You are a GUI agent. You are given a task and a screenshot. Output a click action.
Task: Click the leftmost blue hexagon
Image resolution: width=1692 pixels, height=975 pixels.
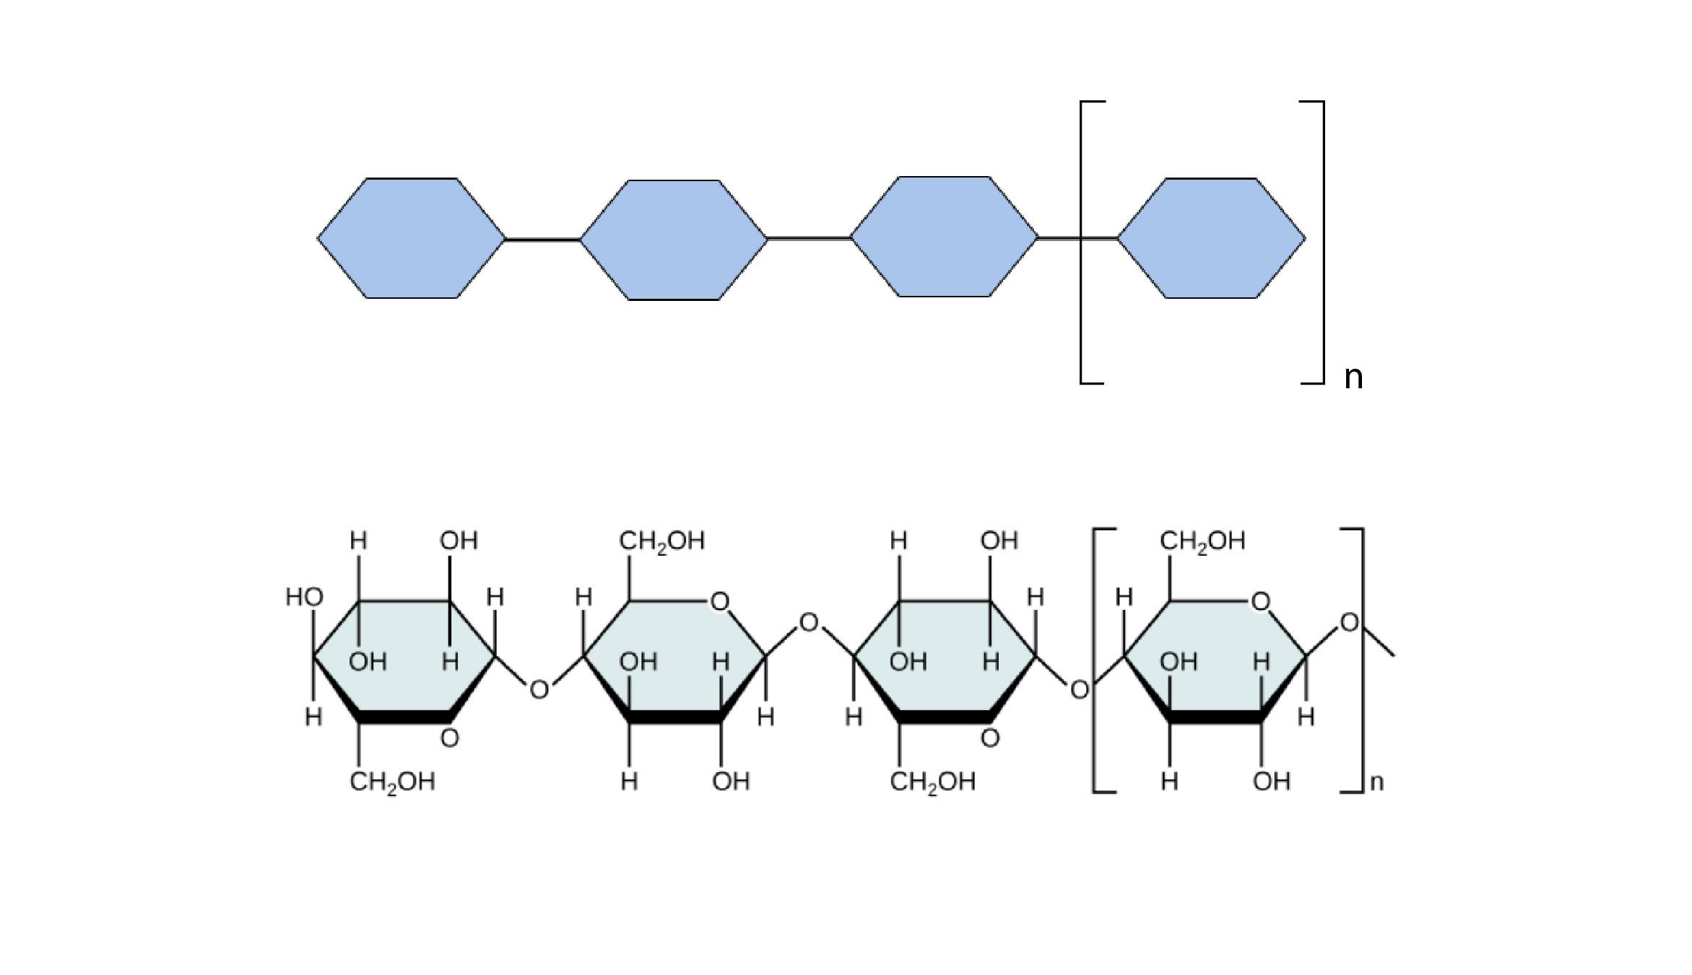pyautogui.click(x=412, y=238)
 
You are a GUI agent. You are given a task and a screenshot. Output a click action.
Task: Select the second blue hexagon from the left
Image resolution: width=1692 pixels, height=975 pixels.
pyautogui.click(x=674, y=240)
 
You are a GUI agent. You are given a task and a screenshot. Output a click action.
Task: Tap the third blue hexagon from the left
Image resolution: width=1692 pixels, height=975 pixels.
pyautogui.click(x=944, y=237)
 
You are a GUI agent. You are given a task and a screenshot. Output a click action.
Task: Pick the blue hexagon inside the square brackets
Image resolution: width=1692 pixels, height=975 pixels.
pyautogui.click(x=1211, y=238)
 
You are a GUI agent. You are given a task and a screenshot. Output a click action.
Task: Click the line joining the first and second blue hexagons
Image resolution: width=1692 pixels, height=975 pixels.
pyautogui.click(x=542, y=240)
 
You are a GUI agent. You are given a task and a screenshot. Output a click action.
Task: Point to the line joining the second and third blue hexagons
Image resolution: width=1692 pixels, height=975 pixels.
pyautogui.click(x=809, y=237)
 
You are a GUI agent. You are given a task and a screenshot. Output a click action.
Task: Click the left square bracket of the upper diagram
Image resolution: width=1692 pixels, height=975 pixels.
pyautogui.click(x=1083, y=242)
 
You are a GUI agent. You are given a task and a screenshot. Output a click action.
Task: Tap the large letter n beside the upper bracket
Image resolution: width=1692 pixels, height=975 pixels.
pyautogui.click(x=1353, y=377)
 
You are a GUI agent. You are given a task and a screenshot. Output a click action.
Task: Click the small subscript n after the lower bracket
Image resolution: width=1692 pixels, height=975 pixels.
pyautogui.click(x=1376, y=782)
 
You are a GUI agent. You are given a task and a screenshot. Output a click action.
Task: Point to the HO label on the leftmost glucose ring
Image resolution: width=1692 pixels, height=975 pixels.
pyautogui.click(x=304, y=598)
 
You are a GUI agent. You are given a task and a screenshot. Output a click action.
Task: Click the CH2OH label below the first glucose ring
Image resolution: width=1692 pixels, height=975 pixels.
pyautogui.click(x=392, y=782)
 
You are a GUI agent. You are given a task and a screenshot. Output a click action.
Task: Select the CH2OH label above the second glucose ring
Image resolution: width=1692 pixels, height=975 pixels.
pyautogui.click(x=661, y=541)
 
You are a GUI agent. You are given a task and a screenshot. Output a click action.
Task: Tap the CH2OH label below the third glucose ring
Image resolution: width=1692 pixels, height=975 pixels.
pyautogui.click(x=932, y=782)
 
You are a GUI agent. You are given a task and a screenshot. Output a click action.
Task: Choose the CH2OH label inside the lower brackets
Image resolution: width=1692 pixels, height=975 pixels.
pyautogui.click(x=1202, y=541)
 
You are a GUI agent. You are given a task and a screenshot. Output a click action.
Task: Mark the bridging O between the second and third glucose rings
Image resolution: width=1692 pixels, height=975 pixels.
pyautogui.click(x=809, y=622)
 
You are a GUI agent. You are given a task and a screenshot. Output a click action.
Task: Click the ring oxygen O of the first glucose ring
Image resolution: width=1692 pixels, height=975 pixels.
pyautogui.click(x=449, y=738)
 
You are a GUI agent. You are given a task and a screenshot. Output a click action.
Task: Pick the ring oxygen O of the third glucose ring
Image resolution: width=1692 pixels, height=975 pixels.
pyautogui.click(x=990, y=738)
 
